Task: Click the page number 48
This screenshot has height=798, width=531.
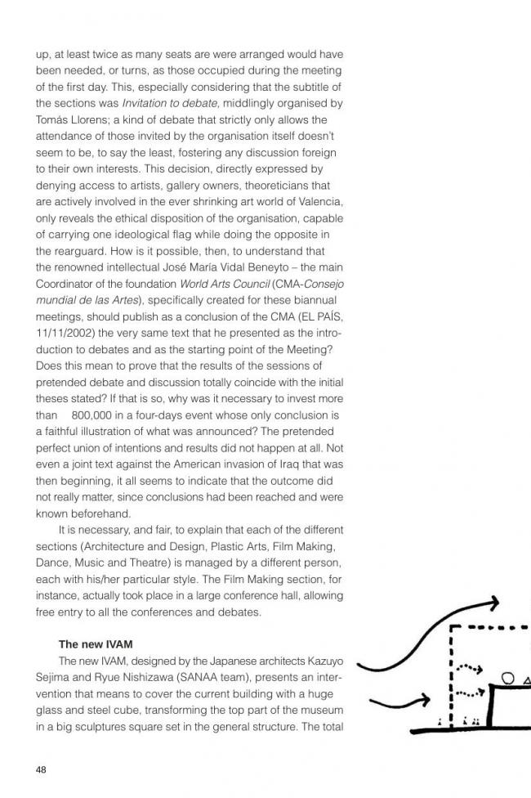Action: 42,769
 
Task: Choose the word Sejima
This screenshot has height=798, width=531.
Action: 54,677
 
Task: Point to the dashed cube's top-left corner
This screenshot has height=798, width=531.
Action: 453,629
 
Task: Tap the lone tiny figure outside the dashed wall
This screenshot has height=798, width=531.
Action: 440,723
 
